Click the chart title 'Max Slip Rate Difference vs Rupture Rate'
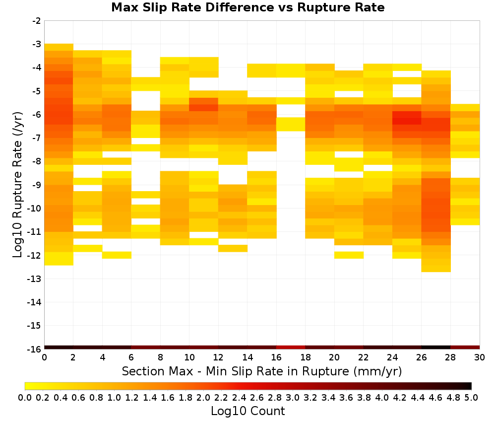click(x=248, y=7)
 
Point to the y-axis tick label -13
click(x=34, y=279)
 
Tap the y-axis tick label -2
click(x=37, y=21)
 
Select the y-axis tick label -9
click(x=37, y=185)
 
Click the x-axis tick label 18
click(x=305, y=357)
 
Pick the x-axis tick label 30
click(x=480, y=357)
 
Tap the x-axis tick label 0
click(x=44, y=357)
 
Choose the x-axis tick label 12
click(x=218, y=357)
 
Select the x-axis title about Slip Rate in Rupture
click(x=262, y=371)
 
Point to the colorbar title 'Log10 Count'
click(x=248, y=411)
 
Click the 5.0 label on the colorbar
click(x=471, y=397)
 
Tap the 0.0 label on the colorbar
click(x=25, y=397)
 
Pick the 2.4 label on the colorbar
click(x=239, y=397)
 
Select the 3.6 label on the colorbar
click(x=346, y=397)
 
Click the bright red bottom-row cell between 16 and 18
click(x=291, y=348)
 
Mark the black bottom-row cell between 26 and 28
click(x=436, y=348)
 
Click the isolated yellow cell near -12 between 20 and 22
click(x=349, y=255)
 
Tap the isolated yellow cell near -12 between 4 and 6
click(x=117, y=255)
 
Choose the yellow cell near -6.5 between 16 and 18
click(x=291, y=124)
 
